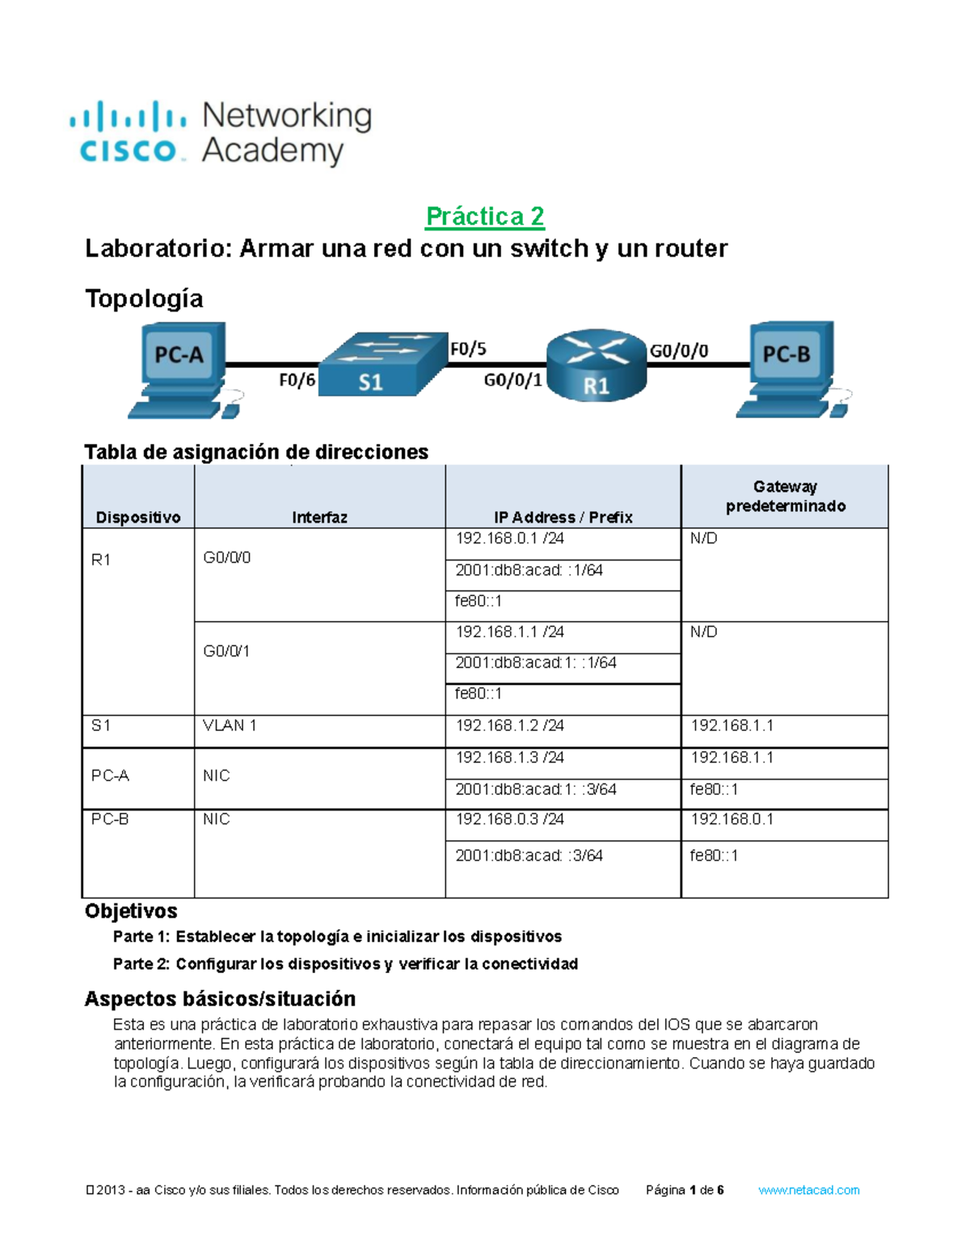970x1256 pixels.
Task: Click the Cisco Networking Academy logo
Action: pyautogui.click(x=220, y=133)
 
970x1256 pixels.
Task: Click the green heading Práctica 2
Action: pyautogui.click(x=485, y=216)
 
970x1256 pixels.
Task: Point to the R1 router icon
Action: pyautogui.click(x=597, y=365)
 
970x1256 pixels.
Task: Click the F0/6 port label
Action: pyautogui.click(x=297, y=380)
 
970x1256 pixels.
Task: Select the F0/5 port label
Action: pyautogui.click(x=468, y=349)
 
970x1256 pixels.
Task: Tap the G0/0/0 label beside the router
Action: pyautogui.click(x=679, y=351)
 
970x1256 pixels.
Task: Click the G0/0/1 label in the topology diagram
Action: pyautogui.click(x=512, y=380)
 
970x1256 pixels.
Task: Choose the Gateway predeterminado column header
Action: pyautogui.click(x=785, y=497)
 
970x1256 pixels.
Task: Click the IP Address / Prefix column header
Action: pyautogui.click(x=563, y=517)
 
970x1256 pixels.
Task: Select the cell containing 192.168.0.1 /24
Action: pyautogui.click(x=510, y=539)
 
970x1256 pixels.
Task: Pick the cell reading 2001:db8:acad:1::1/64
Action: pyautogui.click(x=535, y=663)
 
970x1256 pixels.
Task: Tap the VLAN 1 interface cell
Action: pyautogui.click(x=230, y=725)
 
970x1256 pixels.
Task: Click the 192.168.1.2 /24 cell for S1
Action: pyautogui.click(x=510, y=725)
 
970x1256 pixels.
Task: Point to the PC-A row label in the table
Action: pyautogui.click(x=111, y=776)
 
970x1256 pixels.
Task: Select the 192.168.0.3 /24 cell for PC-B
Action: pyautogui.click(x=510, y=819)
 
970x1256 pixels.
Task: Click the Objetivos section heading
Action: pyautogui.click(x=131, y=911)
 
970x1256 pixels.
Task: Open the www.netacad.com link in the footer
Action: pyautogui.click(x=808, y=1190)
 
